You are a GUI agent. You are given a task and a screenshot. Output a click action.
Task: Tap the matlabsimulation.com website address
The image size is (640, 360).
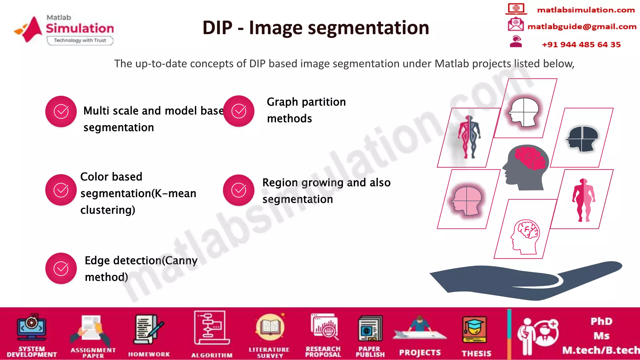586,10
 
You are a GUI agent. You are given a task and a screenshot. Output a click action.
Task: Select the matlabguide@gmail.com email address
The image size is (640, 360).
582,27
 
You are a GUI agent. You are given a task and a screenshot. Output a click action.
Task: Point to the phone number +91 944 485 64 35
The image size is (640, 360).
581,45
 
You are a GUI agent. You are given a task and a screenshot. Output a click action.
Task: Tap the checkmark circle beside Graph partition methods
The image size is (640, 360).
239,111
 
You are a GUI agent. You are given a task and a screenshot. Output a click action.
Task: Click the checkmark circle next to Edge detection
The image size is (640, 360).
61,268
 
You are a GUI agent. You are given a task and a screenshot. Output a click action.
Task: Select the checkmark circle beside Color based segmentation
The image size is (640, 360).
61,190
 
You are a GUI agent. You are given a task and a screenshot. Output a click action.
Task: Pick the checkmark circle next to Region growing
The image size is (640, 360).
239,190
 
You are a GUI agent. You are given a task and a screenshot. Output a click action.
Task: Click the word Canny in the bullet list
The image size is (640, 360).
181,260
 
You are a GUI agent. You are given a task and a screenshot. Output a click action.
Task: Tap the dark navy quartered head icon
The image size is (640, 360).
582,138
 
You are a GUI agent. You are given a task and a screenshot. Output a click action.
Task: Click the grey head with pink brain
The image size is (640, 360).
526,167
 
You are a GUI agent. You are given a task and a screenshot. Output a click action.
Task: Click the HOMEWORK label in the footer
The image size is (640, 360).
149,354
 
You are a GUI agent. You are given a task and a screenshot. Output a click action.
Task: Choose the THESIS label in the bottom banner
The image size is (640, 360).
476,353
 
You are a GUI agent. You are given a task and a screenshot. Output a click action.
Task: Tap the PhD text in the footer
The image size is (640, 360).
601,321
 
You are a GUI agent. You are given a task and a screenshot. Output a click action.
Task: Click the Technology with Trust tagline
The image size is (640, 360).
80,40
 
